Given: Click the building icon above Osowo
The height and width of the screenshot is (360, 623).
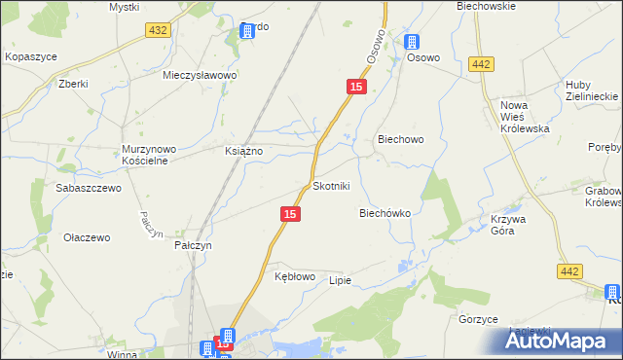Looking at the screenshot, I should tap(412, 42).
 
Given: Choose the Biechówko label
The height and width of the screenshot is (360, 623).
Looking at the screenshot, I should tap(385, 212).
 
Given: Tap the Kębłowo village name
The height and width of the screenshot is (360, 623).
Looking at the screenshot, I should tap(295, 276).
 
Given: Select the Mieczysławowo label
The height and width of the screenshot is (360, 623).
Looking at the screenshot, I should tap(201, 74).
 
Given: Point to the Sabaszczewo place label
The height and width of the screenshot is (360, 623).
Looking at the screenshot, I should tap(89, 188).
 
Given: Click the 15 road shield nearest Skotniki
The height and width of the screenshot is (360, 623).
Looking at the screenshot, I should tap(290, 213).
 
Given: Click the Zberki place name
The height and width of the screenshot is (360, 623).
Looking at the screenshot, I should tap(73, 84).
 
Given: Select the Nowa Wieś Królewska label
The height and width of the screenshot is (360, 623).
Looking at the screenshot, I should tap(525, 117).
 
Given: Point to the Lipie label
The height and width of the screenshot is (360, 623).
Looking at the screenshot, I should tap(339, 280).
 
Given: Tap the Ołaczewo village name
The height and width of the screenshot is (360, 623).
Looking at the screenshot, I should tap(87, 236).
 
